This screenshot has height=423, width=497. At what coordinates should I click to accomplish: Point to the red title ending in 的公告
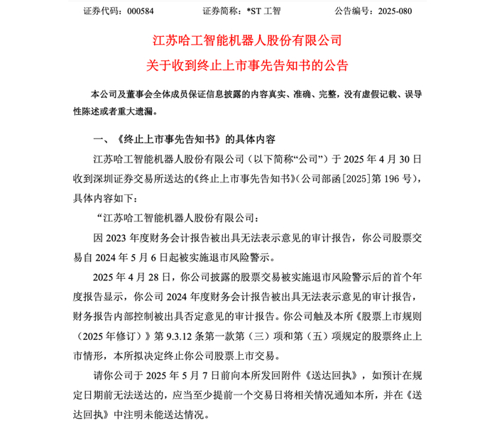[248, 65]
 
